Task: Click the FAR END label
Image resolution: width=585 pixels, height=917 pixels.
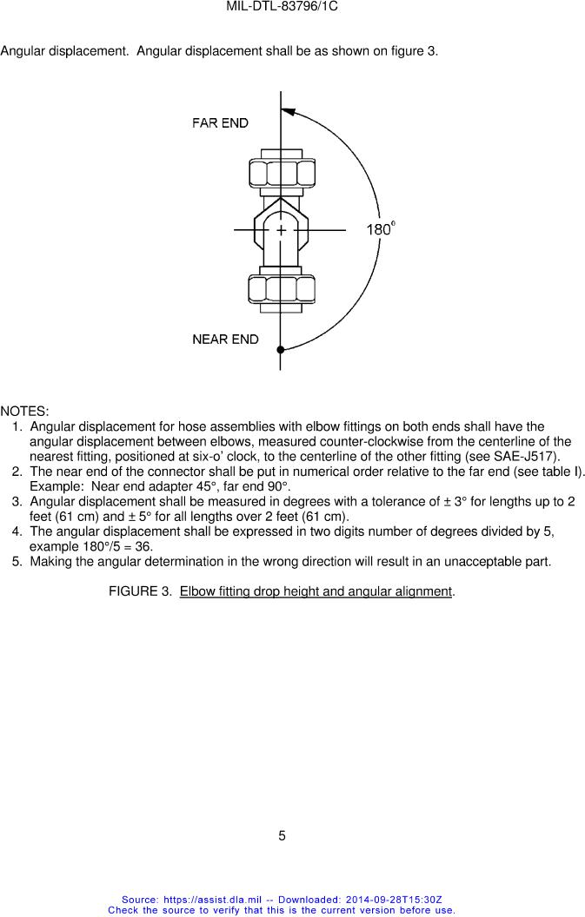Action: point(220,123)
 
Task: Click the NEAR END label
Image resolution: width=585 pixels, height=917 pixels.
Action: point(225,340)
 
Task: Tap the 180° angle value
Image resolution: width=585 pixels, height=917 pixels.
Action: point(381,230)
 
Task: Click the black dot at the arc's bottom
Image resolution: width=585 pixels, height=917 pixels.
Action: point(280,350)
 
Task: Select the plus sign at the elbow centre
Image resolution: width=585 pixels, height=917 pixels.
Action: point(281,230)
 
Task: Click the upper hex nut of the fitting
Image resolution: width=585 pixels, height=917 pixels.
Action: point(281,172)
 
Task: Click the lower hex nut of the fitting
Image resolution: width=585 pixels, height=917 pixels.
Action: point(281,287)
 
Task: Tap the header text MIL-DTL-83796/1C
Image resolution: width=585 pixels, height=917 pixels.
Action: point(282,6)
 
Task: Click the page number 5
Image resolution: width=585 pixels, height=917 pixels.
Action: point(282,836)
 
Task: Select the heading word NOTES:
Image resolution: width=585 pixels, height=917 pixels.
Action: point(24,411)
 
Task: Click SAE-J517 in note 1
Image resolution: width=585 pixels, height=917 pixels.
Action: point(529,457)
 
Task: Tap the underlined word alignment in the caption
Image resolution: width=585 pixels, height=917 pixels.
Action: point(423,592)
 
